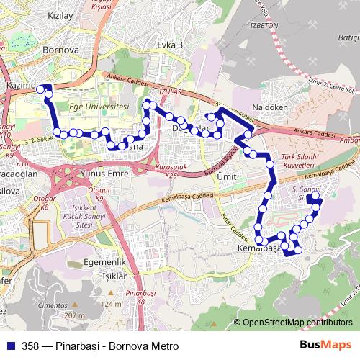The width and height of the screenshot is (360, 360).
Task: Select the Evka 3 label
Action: click(170, 45)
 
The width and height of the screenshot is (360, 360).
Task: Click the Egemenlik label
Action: click(105, 262)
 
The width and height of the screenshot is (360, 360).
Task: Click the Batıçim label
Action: click(348, 37)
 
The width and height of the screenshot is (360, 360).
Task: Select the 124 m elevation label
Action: click(112, 305)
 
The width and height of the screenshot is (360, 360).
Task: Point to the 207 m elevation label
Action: click(74, 315)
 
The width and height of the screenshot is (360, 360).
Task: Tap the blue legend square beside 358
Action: click(12, 346)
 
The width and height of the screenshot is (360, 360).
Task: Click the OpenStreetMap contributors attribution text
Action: click(297, 323)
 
